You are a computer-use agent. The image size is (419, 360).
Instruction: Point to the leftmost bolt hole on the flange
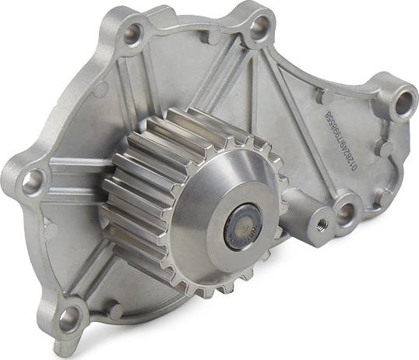click(x=33, y=182)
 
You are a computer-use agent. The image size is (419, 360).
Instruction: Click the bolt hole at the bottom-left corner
click(x=69, y=316)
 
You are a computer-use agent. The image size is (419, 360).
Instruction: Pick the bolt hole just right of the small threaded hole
click(x=346, y=211)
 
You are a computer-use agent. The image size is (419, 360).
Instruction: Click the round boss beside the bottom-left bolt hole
click(x=115, y=311)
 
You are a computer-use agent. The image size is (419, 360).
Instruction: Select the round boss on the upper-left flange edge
click(x=100, y=89)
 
